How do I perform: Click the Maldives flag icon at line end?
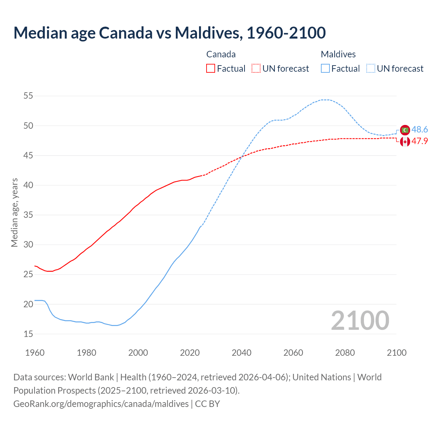click(x=405, y=130)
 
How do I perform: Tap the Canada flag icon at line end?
click(x=405, y=141)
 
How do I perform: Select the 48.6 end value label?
click(x=420, y=130)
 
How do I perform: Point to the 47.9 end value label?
click(x=420, y=141)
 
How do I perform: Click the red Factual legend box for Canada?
click(x=211, y=69)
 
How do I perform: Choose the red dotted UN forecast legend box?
click(x=256, y=69)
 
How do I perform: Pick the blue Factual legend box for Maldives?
click(x=325, y=69)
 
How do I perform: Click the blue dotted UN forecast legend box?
click(x=371, y=69)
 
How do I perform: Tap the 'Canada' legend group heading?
click(x=221, y=54)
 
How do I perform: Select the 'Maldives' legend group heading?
click(x=338, y=54)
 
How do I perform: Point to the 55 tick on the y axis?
click(x=28, y=96)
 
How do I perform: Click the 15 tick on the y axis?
click(x=28, y=334)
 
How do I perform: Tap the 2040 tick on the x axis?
click(x=241, y=353)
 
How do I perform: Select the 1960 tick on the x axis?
click(x=35, y=353)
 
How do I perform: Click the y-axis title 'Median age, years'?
click(x=14, y=212)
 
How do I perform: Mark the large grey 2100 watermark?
click(x=360, y=321)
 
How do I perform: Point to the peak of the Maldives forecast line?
click(x=325, y=100)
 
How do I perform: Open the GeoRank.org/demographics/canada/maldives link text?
click(x=101, y=404)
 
